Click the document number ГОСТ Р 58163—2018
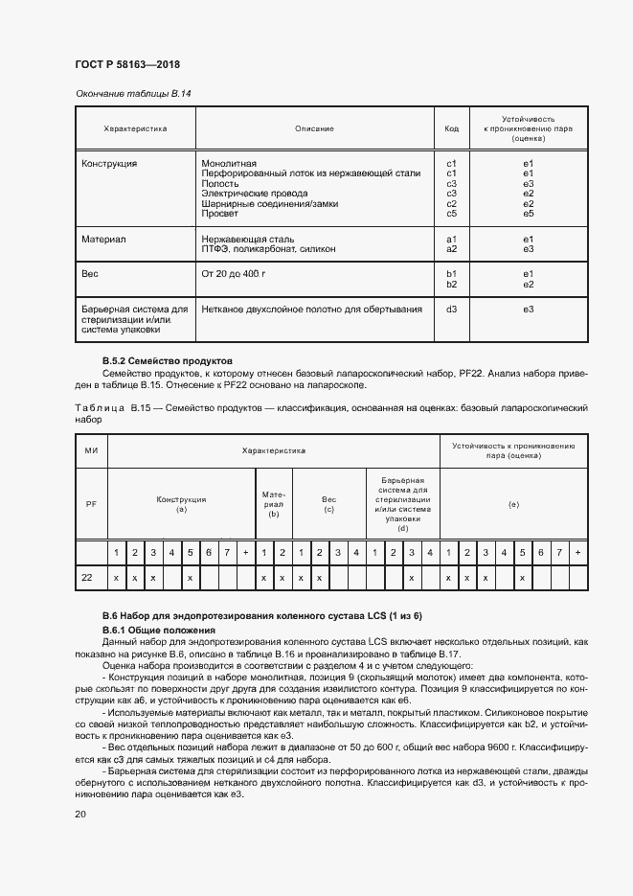[127, 64]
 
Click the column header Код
[452, 127]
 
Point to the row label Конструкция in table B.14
[109, 164]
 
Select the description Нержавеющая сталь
[247, 239]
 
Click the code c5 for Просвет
[452, 213]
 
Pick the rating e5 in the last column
[528, 213]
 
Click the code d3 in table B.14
[452, 309]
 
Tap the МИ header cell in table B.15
[91, 450]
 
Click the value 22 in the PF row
[87, 579]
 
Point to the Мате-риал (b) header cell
[274, 504]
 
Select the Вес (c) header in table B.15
[328, 504]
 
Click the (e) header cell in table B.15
[513, 504]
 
